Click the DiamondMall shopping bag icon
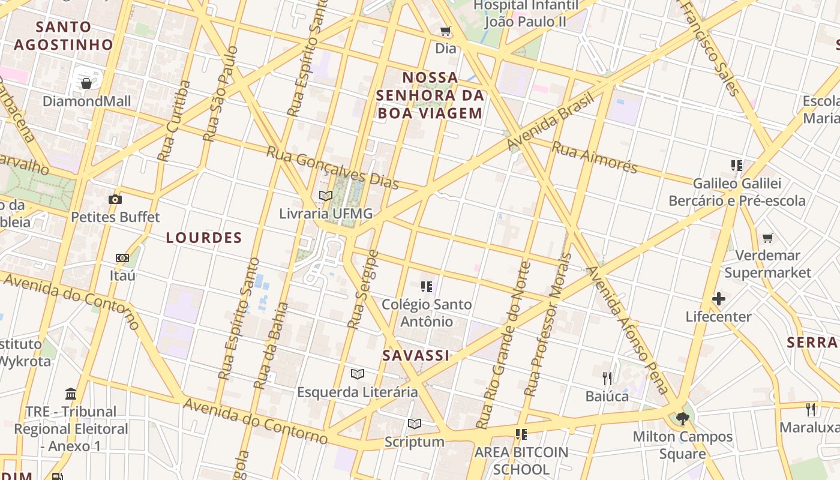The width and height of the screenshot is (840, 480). tap(86, 83)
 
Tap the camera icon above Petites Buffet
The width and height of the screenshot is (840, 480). tap(115, 199)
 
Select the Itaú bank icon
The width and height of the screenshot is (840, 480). tap(122, 258)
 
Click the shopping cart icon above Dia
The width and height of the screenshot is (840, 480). tap(445, 31)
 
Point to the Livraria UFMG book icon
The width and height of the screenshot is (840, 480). tap(326, 196)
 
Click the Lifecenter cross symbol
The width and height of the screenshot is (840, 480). tap(718, 299)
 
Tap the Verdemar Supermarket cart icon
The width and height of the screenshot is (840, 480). tap(767, 238)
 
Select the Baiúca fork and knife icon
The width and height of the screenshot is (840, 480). tap(607, 378)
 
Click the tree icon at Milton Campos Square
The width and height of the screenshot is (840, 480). tap(682, 418)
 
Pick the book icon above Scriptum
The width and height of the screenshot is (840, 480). tap(415, 424)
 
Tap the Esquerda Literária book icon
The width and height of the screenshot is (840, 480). tap(358, 374)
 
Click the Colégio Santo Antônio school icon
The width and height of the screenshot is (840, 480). tap(427, 287)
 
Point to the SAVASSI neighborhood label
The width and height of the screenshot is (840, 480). tap(416, 355)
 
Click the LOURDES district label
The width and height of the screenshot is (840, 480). tap(204, 238)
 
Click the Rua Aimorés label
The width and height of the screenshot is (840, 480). tap(594, 157)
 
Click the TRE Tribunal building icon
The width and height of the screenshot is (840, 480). tap(71, 394)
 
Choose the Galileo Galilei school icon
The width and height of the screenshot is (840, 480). tap(737, 165)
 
